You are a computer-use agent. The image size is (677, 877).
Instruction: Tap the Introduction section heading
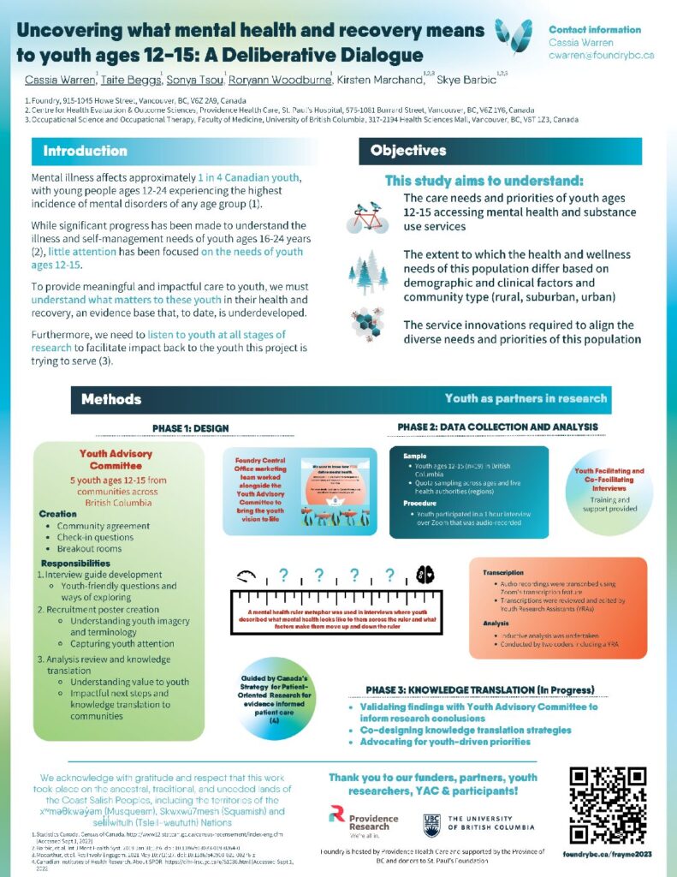click(x=85, y=152)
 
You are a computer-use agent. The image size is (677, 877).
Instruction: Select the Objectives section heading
click(x=408, y=151)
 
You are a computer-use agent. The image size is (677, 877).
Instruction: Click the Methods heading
click(x=111, y=399)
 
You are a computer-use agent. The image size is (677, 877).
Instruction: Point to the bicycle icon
click(x=367, y=218)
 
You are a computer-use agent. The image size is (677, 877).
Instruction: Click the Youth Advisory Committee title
click(x=116, y=460)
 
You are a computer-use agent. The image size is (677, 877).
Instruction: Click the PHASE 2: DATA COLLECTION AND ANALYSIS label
click(x=497, y=427)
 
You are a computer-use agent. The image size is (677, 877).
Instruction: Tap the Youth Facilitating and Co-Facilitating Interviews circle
click(x=613, y=485)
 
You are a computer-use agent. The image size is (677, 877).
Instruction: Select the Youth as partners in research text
click(x=526, y=398)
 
